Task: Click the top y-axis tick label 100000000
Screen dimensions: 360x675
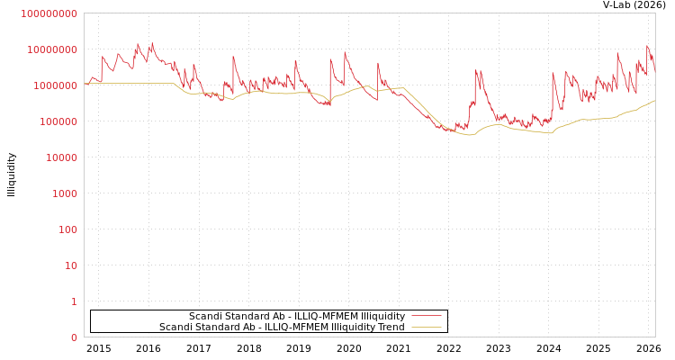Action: coord(49,13)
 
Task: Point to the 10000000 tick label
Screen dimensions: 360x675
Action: coord(51,49)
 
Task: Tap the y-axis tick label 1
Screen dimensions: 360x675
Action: coord(74,301)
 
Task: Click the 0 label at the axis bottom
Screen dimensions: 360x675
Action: coord(74,337)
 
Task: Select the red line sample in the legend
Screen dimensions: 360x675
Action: coord(427,317)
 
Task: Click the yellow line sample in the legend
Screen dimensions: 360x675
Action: coord(427,328)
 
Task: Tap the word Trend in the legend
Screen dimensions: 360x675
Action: coord(391,328)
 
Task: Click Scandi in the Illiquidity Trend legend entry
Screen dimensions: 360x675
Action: coord(175,328)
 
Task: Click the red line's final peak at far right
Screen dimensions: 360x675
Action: coord(647,46)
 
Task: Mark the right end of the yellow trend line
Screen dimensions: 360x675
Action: coord(655,101)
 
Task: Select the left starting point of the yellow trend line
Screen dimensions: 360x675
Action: coord(85,84)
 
